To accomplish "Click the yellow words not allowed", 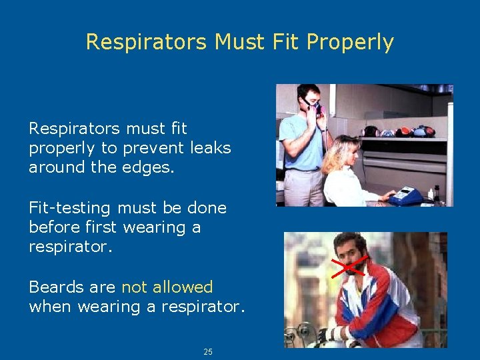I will point(167,287).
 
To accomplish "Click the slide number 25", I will point(208,351).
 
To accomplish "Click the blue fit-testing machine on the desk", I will point(406,196).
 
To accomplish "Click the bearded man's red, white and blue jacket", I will point(387,307).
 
